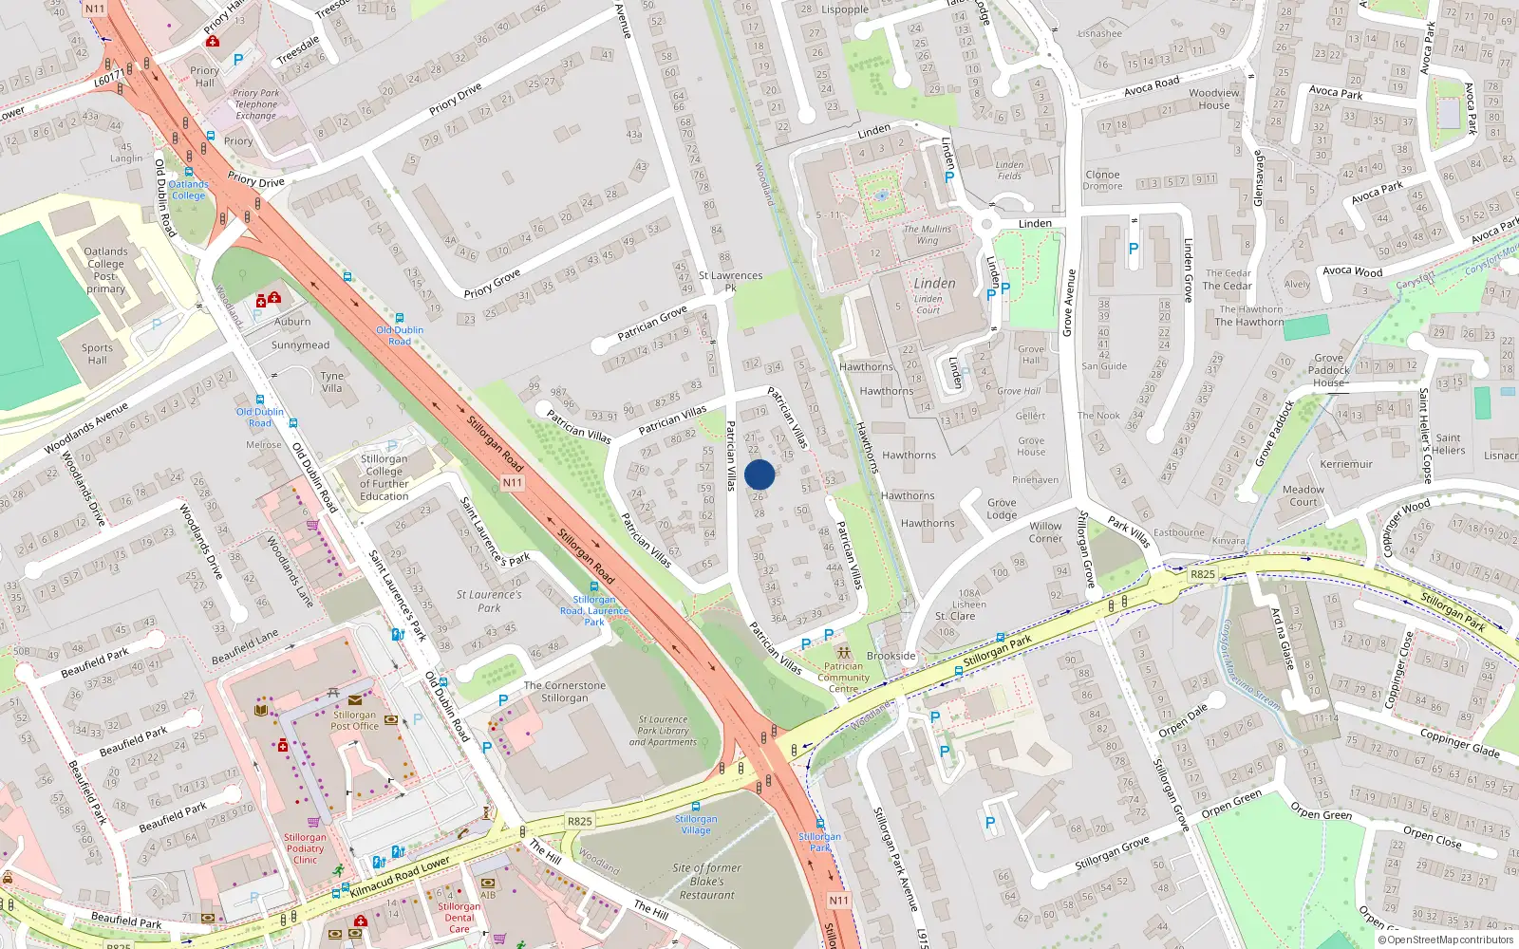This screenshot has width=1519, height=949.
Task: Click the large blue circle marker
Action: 759,474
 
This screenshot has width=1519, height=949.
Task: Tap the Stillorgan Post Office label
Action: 354,720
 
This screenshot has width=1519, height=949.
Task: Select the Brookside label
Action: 891,656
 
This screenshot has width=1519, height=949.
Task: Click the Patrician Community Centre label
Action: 843,677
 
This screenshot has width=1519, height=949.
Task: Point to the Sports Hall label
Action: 97,354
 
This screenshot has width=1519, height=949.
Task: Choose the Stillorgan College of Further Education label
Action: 384,477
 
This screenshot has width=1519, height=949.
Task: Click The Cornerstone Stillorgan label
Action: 564,692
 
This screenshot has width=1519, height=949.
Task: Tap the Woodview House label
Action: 1214,99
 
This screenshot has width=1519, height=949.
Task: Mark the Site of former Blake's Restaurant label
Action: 706,881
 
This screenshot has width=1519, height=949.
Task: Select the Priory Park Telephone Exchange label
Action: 255,104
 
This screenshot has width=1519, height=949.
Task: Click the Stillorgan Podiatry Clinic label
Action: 305,848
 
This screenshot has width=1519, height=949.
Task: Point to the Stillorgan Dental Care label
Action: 459,918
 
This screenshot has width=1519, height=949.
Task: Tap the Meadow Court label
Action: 1303,495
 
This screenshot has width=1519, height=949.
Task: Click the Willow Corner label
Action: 1045,531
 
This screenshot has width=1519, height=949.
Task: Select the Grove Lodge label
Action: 1002,509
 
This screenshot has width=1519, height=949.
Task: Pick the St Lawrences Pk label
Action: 730,281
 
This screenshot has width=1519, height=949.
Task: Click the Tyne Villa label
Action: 331,381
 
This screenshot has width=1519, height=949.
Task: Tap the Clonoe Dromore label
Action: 1102,179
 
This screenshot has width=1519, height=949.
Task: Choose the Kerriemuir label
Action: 1346,464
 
